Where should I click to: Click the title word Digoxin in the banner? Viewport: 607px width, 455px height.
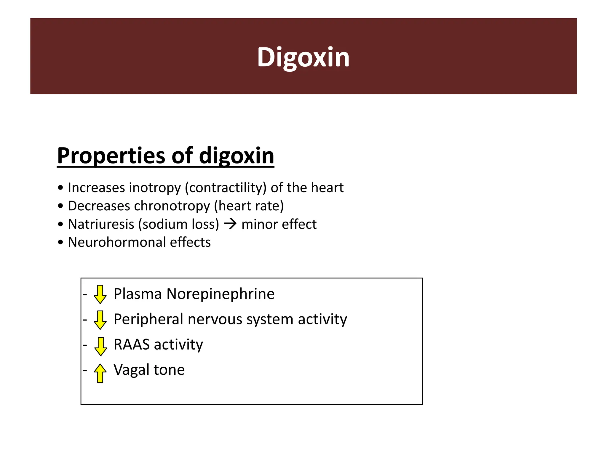[x=303, y=57]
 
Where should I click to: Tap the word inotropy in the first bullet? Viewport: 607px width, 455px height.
[x=155, y=188]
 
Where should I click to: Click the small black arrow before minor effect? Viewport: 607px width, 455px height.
[x=230, y=224]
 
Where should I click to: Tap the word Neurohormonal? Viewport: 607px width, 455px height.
[x=117, y=242]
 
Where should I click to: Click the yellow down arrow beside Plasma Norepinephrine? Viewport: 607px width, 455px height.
[x=100, y=294]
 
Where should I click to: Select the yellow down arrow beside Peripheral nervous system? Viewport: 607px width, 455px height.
[x=100, y=320]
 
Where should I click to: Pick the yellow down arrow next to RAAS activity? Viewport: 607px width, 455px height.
[x=100, y=346]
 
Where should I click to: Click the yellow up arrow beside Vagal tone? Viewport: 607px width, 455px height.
[x=100, y=373]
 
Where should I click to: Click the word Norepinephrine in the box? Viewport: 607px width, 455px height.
[x=221, y=294]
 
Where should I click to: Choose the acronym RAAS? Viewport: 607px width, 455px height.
[x=132, y=345]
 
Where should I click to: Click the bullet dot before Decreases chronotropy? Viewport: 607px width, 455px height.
[x=61, y=206]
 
